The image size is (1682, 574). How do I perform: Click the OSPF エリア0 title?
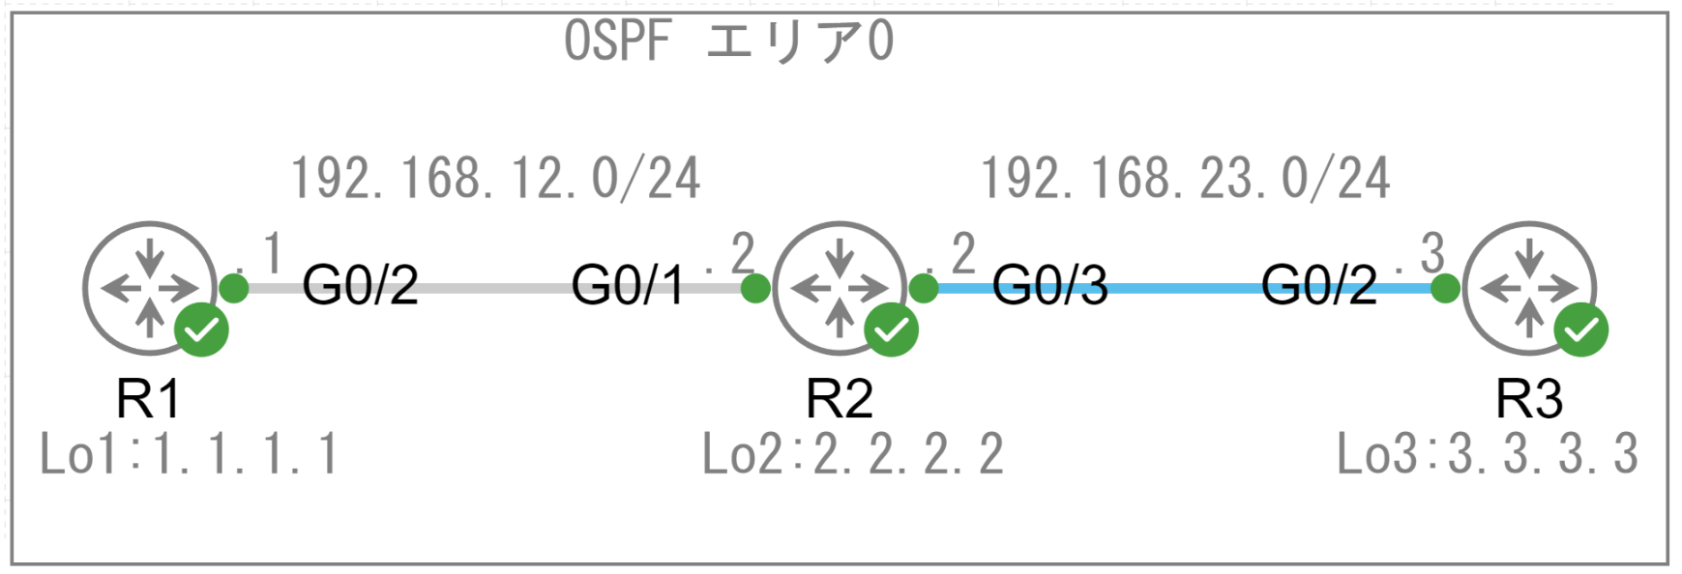coord(728,42)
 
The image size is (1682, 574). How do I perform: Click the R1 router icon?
coord(149,287)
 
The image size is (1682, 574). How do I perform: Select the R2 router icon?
coord(839,287)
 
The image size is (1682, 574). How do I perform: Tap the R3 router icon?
coord(1529,287)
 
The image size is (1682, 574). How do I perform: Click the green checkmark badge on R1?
coord(201,330)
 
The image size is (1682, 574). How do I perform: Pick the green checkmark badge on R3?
coord(1581,330)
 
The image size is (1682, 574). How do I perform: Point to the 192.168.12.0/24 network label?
coord(495,179)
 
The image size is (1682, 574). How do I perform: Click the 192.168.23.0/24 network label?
coord(1186,179)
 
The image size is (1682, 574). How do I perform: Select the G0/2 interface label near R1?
coord(360,286)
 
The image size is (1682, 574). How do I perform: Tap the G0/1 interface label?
coord(628,286)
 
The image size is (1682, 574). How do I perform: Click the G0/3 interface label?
coord(1050,286)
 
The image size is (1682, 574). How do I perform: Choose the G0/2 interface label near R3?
coord(1318,286)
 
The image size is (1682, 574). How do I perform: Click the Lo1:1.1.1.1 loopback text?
coord(189,454)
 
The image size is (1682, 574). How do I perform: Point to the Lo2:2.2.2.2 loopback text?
coord(852,454)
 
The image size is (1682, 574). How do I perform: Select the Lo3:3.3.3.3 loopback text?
coord(1488,454)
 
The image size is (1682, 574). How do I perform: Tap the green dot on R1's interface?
coord(233,288)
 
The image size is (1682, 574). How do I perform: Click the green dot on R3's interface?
coord(1445,288)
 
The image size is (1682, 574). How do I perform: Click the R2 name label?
coord(839,398)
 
